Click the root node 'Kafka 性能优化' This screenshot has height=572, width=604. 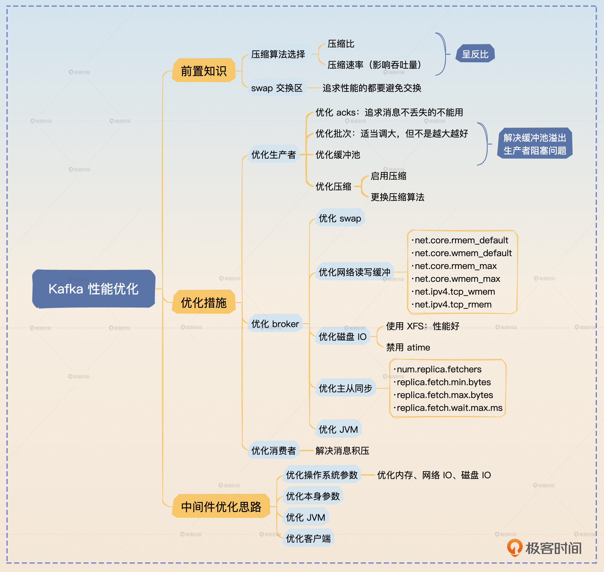[93, 289]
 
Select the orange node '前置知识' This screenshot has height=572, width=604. [203, 71]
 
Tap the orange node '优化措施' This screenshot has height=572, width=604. [203, 302]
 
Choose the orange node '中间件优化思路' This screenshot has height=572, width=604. [221, 507]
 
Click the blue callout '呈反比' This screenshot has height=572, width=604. [475, 54]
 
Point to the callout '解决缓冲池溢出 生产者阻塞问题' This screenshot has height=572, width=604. [535, 144]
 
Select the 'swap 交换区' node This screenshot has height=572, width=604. [277, 88]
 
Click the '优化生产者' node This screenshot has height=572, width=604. [273, 154]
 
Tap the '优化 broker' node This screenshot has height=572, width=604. [275, 324]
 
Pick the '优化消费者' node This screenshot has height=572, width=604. [273, 450]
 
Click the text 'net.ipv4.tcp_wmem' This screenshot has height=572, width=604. [455, 291]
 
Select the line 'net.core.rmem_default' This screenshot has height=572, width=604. [461, 240]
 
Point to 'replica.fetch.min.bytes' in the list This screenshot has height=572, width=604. [444, 382]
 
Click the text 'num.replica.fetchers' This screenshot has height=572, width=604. [439, 369]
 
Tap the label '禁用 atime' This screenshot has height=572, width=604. [408, 347]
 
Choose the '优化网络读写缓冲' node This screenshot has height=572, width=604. [354, 272]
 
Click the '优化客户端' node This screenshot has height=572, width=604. [308, 538]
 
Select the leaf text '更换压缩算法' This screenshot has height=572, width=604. [397, 197]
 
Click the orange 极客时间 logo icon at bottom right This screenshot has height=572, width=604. [514, 548]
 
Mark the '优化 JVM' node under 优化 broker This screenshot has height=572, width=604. [338, 429]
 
